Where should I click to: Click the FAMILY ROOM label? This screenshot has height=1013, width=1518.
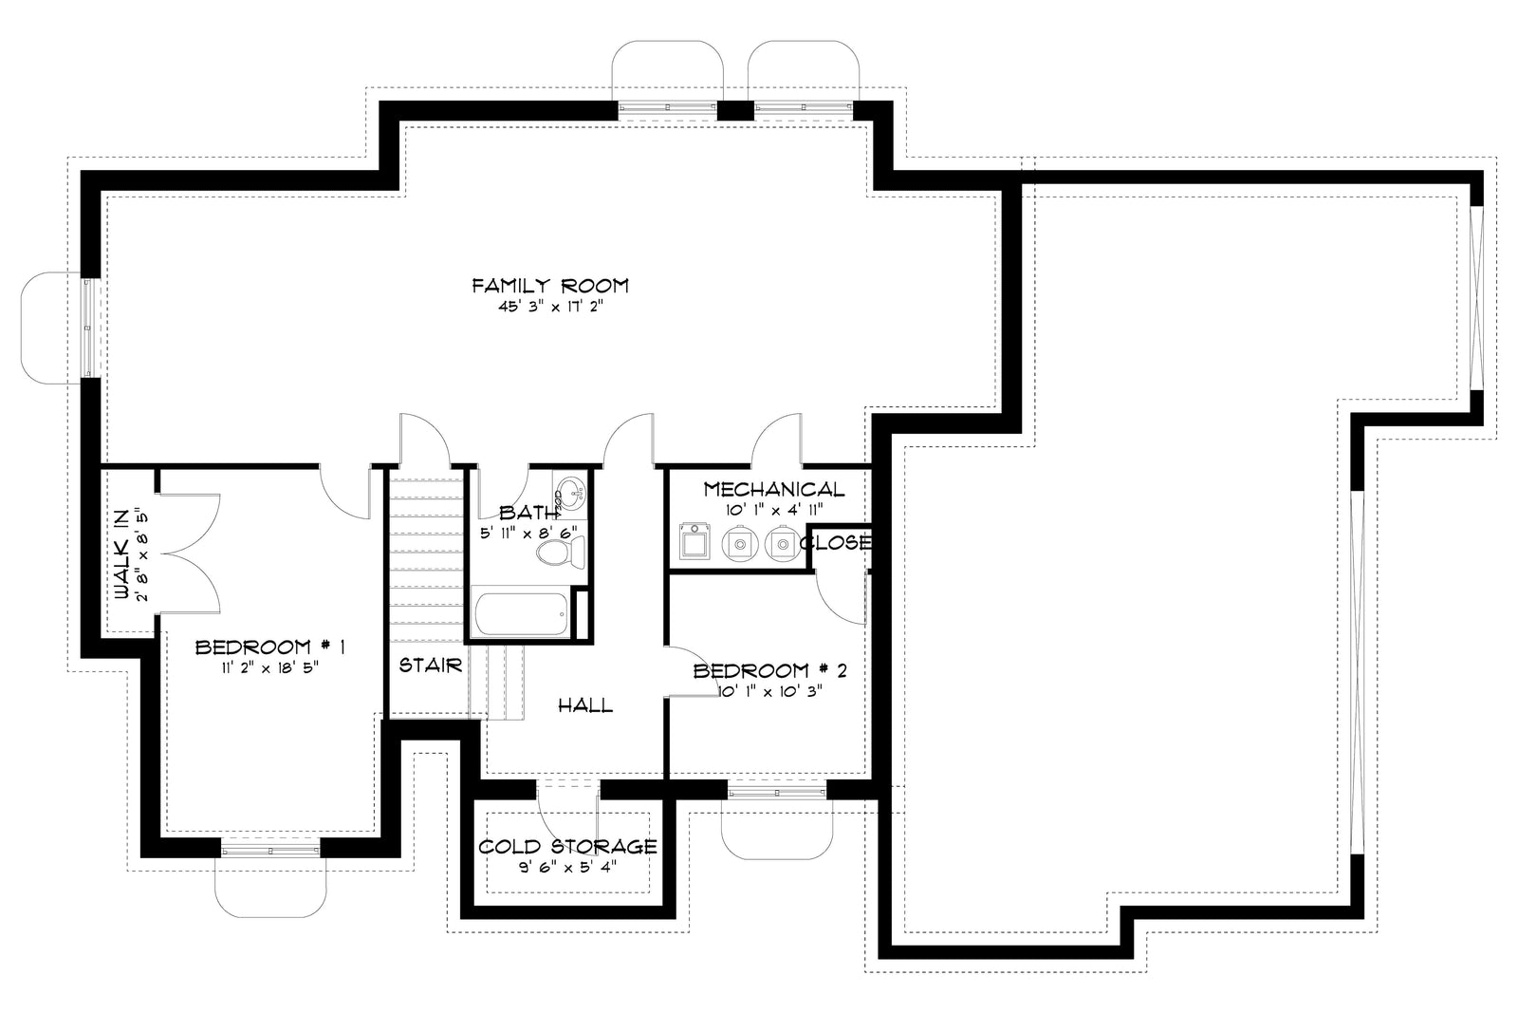coord(550,285)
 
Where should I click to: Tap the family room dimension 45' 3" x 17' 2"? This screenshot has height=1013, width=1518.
coord(550,308)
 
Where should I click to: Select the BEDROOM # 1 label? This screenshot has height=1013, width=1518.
coord(269,647)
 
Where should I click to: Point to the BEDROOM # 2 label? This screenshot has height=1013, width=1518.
coord(769,671)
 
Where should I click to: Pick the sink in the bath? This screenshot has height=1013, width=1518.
coord(570,492)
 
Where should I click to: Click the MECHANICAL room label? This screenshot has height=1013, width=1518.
coord(773,489)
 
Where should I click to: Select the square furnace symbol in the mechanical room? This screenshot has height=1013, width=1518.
coord(695,543)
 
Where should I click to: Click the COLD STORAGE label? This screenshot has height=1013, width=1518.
coord(567,846)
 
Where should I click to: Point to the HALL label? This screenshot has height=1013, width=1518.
coord(584,705)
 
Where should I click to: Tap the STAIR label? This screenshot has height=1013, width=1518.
coord(430,666)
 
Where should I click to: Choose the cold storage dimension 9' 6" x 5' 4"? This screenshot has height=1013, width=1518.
coord(567,867)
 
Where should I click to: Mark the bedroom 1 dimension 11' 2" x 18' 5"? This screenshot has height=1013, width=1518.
coord(269,666)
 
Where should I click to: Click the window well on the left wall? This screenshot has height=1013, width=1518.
coord(52,328)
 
